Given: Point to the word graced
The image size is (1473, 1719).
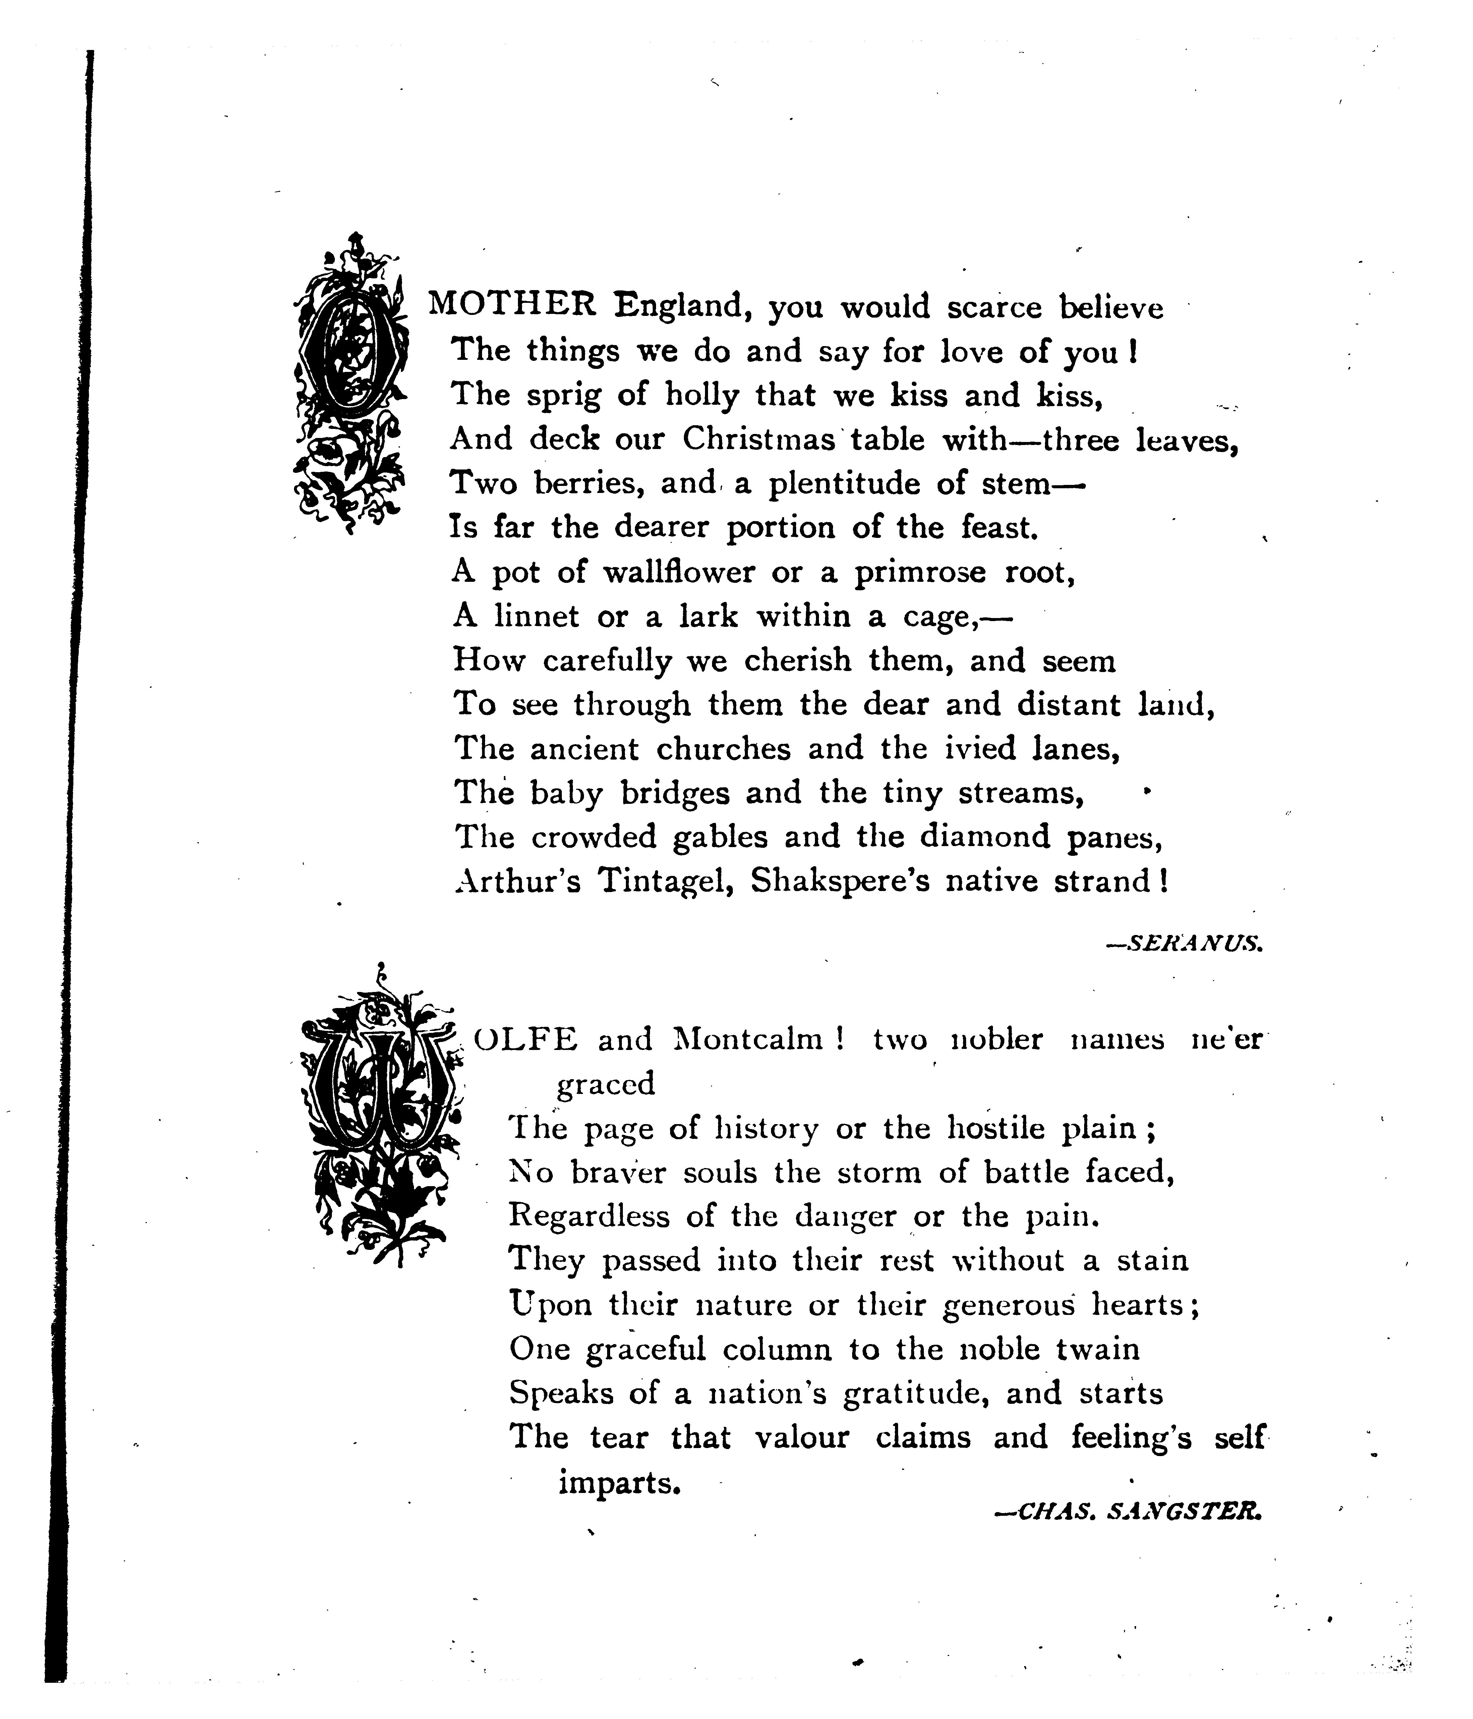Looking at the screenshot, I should [605, 1084].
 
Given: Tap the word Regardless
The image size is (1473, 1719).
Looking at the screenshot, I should [589, 1216].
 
